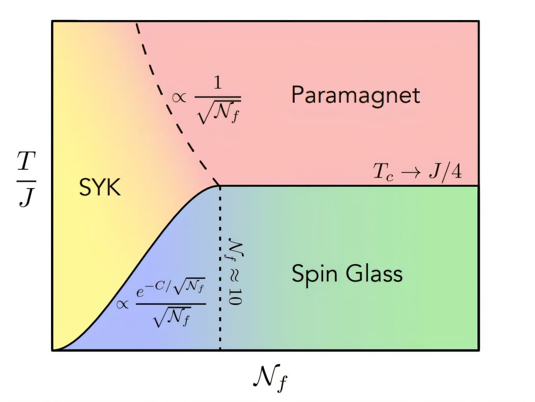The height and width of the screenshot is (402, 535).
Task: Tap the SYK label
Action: pos(100,187)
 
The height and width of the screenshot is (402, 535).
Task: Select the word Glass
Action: pos(374,274)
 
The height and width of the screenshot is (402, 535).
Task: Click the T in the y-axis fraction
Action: pos(26,161)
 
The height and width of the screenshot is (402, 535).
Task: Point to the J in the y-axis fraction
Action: pos(26,197)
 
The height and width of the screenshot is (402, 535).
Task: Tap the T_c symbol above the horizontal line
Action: pos(383,172)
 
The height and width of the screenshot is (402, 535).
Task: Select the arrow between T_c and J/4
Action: pos(411,172)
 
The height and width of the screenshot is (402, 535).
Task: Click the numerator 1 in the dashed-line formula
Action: pos(218,83)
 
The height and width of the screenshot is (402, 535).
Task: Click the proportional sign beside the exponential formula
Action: pos(122,304)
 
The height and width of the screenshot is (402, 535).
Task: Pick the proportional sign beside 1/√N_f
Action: pos(179,98)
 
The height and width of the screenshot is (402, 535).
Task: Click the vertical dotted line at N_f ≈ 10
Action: pos(220,268)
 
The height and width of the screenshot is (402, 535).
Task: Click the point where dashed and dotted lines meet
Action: pos(220,186)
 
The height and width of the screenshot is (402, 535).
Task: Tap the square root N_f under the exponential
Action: pos(172,318)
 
